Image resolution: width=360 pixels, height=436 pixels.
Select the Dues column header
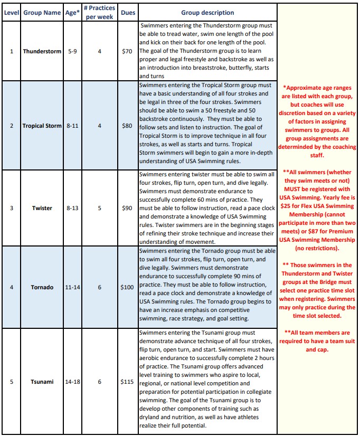pos(127,13)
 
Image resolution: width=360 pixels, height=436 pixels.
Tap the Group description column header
pos(207,13)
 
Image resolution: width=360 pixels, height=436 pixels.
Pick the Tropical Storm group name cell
pos(42,126)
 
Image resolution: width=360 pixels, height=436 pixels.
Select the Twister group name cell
pos(42,208)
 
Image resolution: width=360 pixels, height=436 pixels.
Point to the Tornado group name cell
pos(42,287)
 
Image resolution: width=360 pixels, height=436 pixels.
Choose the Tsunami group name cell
pos(42,382)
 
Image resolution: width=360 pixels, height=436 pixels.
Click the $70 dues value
pos(127,52)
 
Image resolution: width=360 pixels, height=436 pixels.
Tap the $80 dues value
pos(127,126)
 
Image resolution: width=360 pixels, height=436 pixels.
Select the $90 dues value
pos(127,208)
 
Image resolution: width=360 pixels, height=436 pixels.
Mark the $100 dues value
pos(127,287)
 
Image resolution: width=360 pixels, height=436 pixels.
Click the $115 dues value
pos(127,382)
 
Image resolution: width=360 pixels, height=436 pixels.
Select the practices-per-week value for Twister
pos(99,208)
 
